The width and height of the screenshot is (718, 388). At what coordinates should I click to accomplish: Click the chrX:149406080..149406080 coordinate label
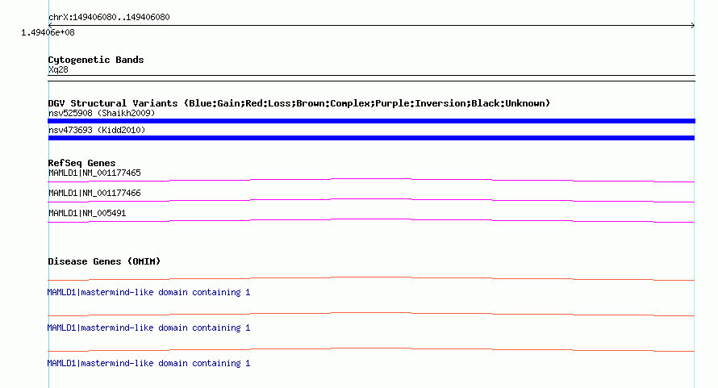[x=109, y=18]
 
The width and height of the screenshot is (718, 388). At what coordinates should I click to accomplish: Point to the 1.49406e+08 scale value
[x=48, y=32]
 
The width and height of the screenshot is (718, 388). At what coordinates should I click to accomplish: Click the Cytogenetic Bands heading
[x=96, y=60]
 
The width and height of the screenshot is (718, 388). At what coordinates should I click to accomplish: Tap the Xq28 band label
[x=58, y=69]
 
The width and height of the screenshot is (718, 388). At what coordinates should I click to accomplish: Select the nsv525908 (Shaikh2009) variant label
[x=102, y=113]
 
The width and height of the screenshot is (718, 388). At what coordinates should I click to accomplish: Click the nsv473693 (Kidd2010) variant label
[x=97, y=130]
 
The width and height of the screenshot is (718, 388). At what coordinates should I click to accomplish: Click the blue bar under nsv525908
[x=371, y=121]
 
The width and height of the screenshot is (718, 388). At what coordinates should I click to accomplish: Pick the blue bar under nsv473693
[x=371, y=138]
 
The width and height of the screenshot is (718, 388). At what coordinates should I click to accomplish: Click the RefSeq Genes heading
[x=81, y=163]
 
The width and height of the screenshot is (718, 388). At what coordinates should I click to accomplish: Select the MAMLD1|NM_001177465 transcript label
[x=94, y=173]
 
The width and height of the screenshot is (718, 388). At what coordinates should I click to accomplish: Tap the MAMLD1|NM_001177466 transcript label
[x=94, y=194]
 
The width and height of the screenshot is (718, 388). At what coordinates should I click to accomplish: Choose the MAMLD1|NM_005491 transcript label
[x=87, y=214]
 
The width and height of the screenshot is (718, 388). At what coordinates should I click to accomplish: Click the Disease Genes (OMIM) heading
[x=104, y=261]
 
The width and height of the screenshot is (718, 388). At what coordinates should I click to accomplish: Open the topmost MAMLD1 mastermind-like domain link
[x=148, y=292]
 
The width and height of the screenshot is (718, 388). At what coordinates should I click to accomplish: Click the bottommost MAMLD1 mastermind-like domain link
[x=148, y=363]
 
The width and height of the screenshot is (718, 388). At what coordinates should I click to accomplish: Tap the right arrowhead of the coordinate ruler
[x=693, y=26]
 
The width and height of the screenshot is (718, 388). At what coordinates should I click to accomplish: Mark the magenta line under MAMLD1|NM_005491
[x=371, y=221]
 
